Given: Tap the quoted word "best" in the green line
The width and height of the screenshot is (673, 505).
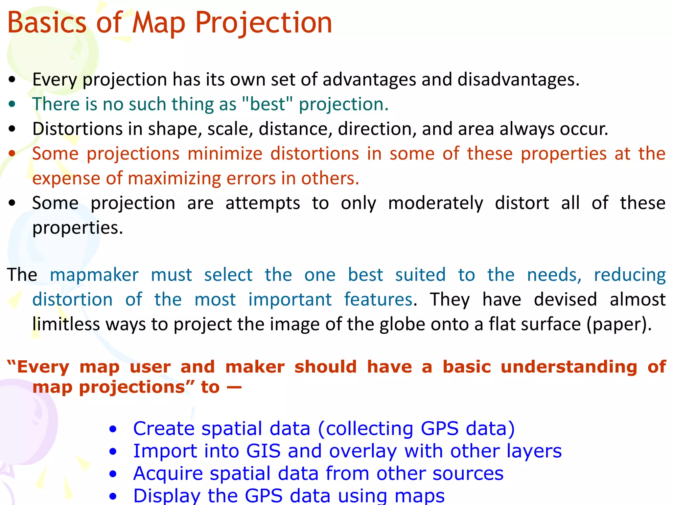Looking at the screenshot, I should pyautogui.click(x=267, y=104).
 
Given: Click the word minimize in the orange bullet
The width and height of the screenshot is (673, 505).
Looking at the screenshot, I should pyautogui.click(x=225, y=154).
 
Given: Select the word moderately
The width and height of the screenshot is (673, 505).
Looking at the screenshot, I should pyautogui.click(x=435, y=203).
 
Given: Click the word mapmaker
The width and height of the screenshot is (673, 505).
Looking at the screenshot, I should pyautogui.click(x=94, y=275).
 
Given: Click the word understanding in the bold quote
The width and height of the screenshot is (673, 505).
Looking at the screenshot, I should pyautogui.click(x=569, y=367).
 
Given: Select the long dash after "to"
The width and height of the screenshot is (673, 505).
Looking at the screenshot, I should pyautogui.click(x=234, y=387).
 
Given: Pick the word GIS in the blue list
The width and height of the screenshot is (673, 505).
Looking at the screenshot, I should pyautogui.click(x=263, y=451).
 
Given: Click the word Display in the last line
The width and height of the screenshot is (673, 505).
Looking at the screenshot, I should pyautogui.click(x=167, y=496).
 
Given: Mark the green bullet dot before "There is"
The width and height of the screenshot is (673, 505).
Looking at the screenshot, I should pyautogui.click(x=12, y=104).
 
